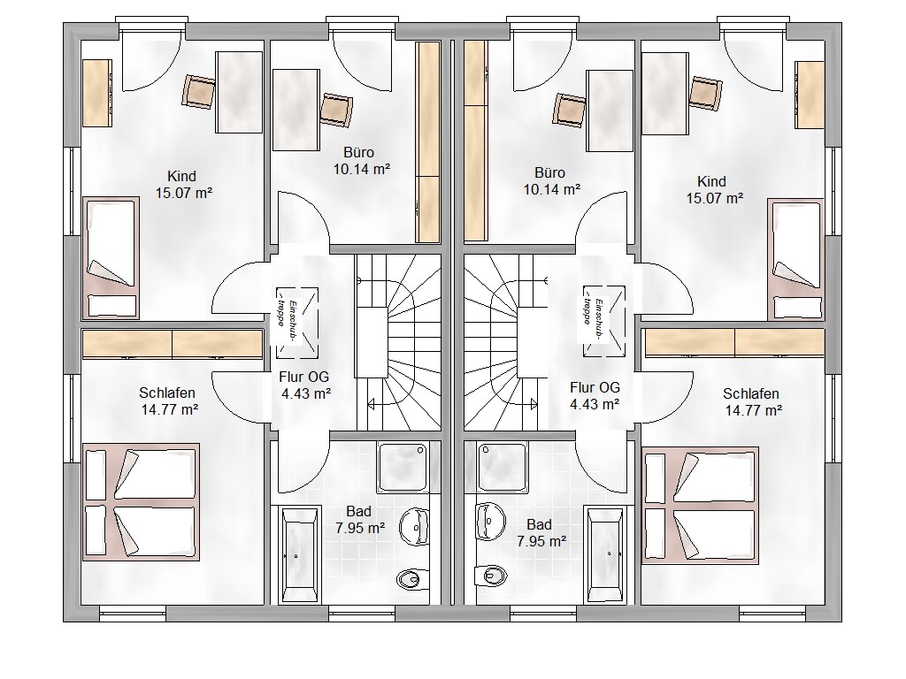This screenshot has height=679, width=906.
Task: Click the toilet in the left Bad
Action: (412, 579)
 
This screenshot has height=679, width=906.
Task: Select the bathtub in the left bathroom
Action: (300, 555)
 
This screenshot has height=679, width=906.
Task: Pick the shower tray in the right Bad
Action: (503, 468)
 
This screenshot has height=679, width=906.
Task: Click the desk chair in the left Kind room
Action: (199, 91)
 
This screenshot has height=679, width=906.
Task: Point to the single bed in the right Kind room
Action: (795, 259)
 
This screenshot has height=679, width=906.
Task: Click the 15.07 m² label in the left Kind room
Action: (184, 193)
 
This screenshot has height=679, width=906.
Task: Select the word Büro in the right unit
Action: (549, 172)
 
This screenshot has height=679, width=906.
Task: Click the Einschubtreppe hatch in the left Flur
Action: (296, 322)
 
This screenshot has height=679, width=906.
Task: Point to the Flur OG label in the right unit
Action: (595, 387)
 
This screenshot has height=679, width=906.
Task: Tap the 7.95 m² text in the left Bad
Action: (360, 528)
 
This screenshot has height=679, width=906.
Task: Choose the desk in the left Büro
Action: (296, 110)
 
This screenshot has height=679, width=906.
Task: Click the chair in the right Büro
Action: (570, 110)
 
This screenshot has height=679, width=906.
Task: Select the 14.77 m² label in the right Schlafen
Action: (754, 410)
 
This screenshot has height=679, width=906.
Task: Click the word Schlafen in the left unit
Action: (167, 393)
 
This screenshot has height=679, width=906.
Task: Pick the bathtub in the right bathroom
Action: (604, 555)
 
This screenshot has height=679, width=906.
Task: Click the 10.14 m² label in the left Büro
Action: (362, 169)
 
